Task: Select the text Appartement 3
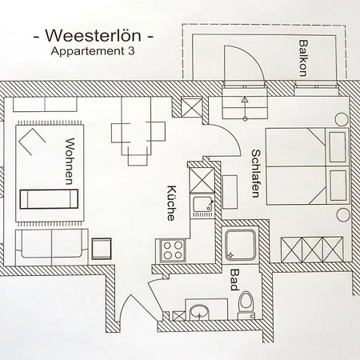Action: point(90,52)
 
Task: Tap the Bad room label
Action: point(234,283)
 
